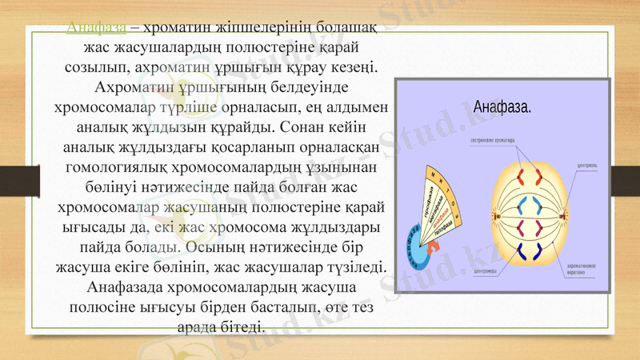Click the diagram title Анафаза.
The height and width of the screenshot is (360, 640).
503,107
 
